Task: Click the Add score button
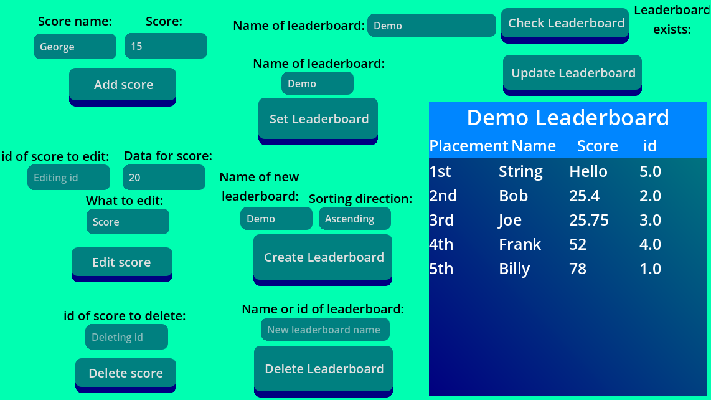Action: click(123, 85)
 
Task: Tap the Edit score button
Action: click(121, 262)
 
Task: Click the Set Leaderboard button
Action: click(318, 119)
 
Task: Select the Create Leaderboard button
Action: click(323, 257)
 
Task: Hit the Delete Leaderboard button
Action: click(324, 369)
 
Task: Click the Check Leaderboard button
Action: click(565, 23)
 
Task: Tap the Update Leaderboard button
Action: click(573, 73)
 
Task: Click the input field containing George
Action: click(75, 47)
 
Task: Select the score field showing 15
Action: click(166, 47)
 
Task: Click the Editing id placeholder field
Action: click(68, 178)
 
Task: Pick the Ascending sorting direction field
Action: click(355, 219)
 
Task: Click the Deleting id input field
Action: click(126, 337)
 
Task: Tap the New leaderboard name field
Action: click(325, 330)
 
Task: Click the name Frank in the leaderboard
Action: click(520, 244)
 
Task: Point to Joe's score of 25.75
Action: click(589, 220)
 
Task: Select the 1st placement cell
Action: click(440, 171)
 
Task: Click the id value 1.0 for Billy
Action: click(650, 269)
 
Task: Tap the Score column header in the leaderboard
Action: click(597, 146)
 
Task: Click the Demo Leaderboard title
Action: click(568, 118)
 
